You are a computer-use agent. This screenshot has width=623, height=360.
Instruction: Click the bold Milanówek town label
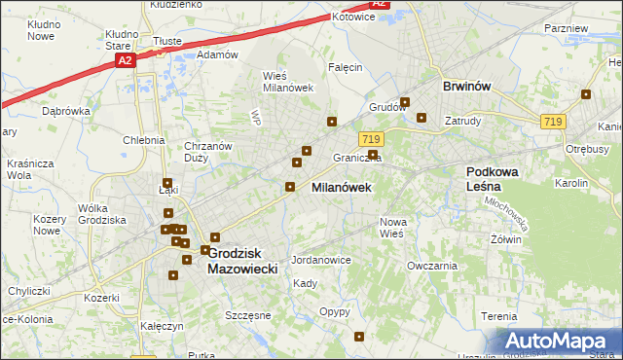341,188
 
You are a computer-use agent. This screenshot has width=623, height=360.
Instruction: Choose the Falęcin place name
346,67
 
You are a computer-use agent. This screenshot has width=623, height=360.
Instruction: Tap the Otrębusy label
587,149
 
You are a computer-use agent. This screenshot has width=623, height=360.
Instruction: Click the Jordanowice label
320,261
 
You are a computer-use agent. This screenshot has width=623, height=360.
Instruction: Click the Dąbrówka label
66,111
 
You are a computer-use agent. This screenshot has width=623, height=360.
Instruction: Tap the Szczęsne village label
247,316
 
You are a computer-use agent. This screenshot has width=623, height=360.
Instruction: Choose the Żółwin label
507,239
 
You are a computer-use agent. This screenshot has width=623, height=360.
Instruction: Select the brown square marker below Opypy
360,338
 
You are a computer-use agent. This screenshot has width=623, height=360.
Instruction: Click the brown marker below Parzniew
586,94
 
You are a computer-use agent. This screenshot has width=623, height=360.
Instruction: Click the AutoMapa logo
560,342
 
